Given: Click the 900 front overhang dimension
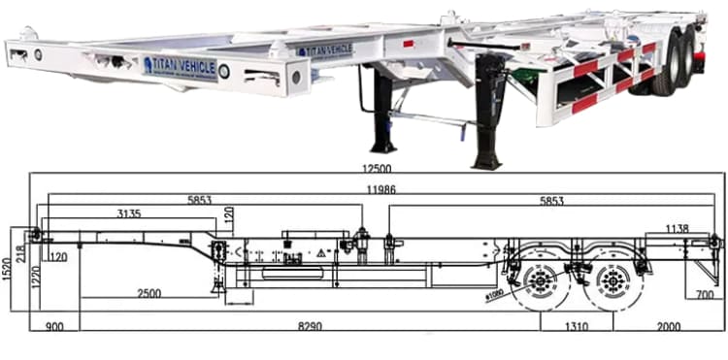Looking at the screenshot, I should click(x=54, y=328).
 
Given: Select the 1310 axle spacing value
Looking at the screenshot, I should click(x=579, y=328).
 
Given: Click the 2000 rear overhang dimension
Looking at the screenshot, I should click(x=668, y=328).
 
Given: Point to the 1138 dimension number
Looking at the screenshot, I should click(x=678, y=229).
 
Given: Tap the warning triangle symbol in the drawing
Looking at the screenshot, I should click(x=319, y=251).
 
